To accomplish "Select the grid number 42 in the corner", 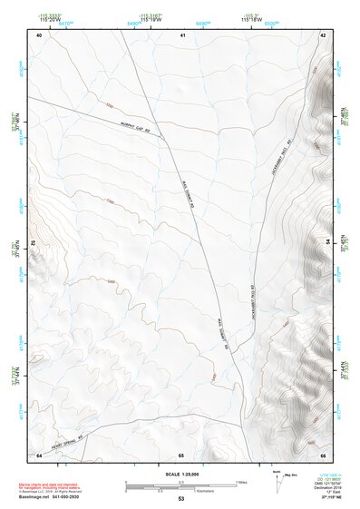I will [323, 34].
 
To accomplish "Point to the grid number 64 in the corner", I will [39, 454].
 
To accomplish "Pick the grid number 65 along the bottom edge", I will [181, 454].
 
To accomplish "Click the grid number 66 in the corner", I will [323, 454].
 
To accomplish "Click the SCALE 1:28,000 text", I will [181, 474].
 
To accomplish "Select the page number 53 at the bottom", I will [181, 499].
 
